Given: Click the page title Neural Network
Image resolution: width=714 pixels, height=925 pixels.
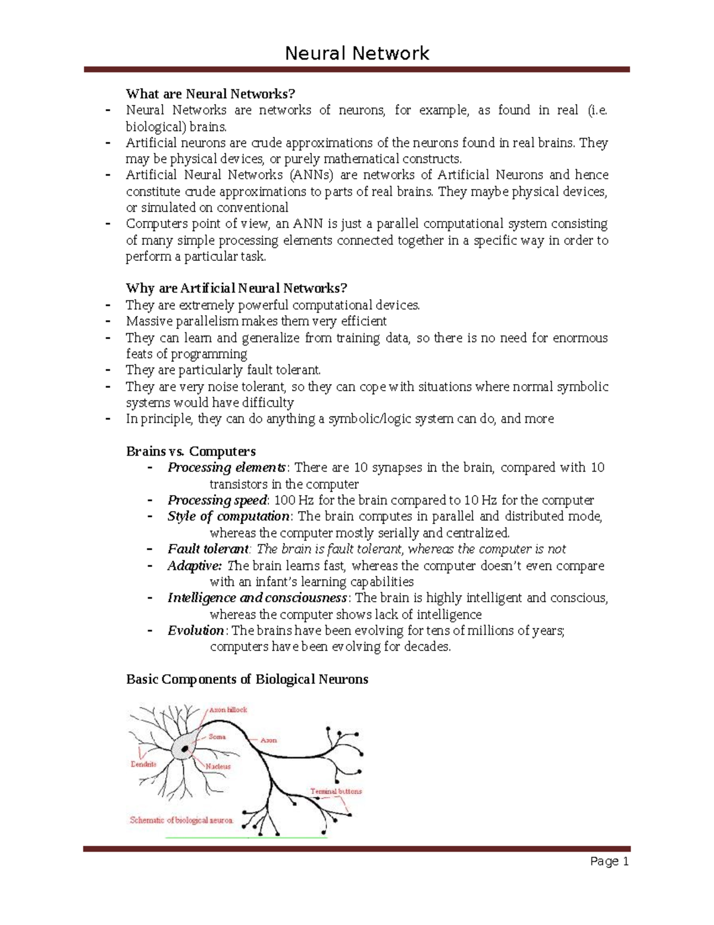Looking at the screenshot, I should (x=357, y=54).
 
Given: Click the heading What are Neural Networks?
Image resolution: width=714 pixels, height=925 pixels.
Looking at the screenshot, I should (x=210, y=94).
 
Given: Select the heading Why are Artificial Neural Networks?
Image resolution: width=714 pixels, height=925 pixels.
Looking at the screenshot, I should (x=236, y=288).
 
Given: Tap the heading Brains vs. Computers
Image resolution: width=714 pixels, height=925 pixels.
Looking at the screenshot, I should (x=190, y=451).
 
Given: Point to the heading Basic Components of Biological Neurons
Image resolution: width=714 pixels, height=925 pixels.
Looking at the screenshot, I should (x=247, y=679).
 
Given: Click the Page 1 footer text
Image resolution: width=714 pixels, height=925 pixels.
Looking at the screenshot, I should (x=609, y=861).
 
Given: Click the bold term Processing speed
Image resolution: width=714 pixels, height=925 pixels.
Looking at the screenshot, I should (x=217, y=500).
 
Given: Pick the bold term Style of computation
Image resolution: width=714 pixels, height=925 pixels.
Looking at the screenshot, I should (x=228, y=516).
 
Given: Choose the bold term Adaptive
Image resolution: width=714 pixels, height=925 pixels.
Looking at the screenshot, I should (x=195, y=565).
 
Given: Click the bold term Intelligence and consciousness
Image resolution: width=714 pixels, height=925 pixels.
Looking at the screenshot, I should (x=257, y=598).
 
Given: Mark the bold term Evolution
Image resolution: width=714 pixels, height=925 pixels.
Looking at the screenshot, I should (x=196, y=631).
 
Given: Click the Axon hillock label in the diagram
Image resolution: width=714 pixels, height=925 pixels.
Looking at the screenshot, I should (x=227, y=710).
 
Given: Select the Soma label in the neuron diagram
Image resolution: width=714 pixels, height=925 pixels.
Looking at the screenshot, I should (x=217, y=737).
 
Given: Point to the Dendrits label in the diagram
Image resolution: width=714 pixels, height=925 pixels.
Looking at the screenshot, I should (x=143, y=764).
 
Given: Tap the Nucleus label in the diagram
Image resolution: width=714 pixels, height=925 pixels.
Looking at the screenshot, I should (x=218, y=767).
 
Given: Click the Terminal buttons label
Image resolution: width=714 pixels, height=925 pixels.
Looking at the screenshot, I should (x=336, y=792).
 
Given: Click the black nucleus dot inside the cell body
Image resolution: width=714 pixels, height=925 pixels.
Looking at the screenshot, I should (x=186, y=748).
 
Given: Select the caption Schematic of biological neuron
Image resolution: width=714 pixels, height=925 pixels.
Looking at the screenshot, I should (x=181, y=820).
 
